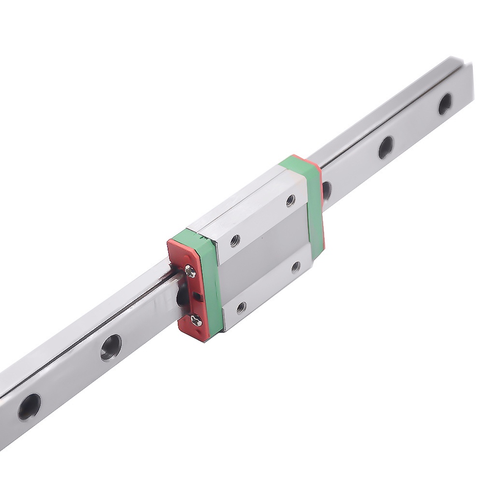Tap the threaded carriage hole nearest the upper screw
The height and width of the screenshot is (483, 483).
tap(235, 240)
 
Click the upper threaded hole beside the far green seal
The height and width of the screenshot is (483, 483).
tap(290, 199)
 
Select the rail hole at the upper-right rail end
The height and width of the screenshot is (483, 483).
tap(445, 103)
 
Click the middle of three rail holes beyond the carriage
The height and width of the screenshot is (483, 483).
tap(385, 147)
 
